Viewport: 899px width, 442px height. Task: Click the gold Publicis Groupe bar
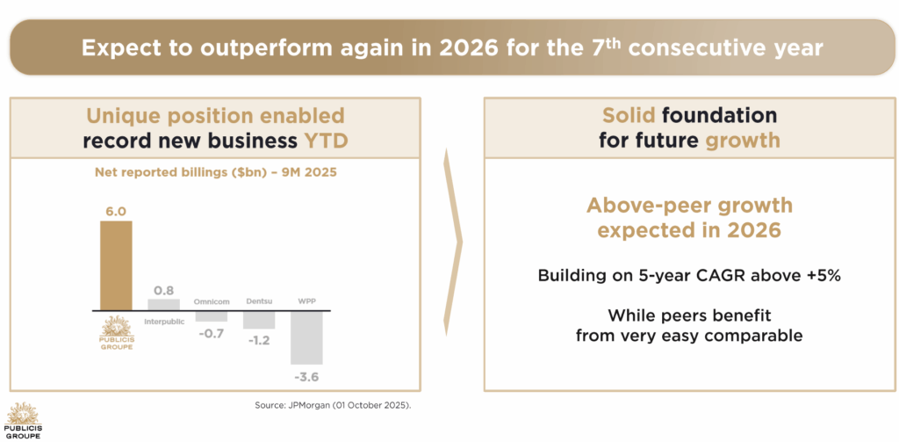tap(116, 264)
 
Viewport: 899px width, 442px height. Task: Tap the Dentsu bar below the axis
tap(258, 320)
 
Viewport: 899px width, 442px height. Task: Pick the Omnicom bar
tap(211, 315)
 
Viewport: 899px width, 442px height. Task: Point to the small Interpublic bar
tap(163, 304)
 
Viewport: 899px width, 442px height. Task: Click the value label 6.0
tap(116, 211)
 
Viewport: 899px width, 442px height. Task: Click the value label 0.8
tap(163, 290)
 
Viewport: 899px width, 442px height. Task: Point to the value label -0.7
tap(211, 333)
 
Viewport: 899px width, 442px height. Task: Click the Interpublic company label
tap(163, 322)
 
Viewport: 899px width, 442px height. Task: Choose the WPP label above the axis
tap(306, 302)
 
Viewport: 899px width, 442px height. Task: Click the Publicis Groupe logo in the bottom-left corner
tap(23, 419)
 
